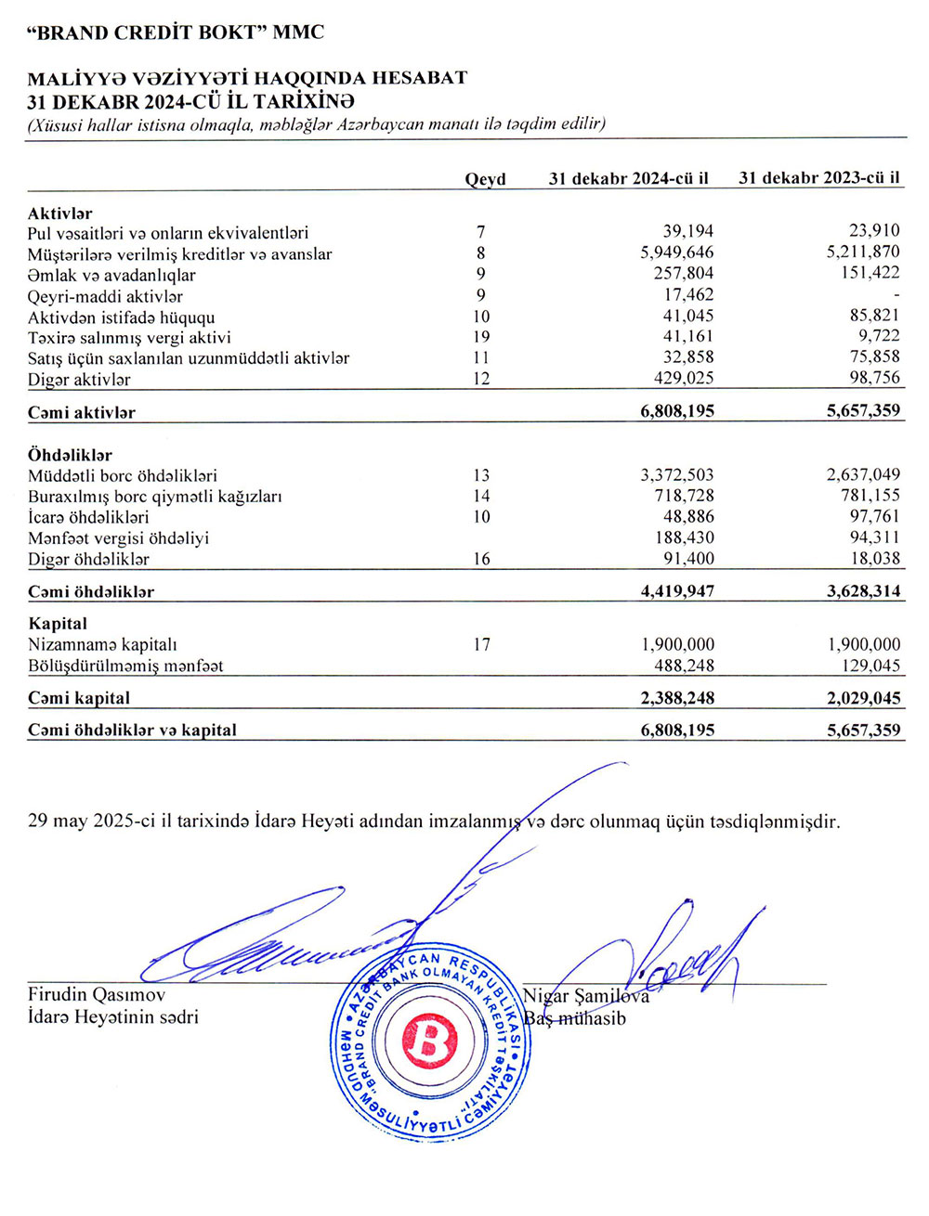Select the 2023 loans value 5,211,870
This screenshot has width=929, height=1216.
pos(863,252)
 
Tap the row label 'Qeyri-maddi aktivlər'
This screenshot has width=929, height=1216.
pos(105,297)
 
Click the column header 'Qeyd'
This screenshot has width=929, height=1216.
pos(485,179)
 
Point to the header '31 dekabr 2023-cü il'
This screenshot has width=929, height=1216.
pos(818,178)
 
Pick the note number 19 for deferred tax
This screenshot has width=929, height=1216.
pos(480,337)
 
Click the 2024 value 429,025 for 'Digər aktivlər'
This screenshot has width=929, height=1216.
pos(678,379)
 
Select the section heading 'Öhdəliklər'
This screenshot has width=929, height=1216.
pos(70,455)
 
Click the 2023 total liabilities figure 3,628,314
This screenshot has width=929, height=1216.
pos(863,591)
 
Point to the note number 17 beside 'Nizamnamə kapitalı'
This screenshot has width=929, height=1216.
pos(480,644)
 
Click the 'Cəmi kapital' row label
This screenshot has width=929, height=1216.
pos(79,698)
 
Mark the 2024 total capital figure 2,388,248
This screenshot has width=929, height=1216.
pos(677,698)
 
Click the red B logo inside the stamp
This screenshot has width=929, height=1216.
pos(428,1039)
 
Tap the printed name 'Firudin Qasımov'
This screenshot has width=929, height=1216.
pos(97,995)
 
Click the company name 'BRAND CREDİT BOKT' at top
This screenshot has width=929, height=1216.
pos(177,32)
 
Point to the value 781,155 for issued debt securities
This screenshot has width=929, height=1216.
pos(870,496)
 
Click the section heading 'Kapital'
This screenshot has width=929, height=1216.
pos(58,624)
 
